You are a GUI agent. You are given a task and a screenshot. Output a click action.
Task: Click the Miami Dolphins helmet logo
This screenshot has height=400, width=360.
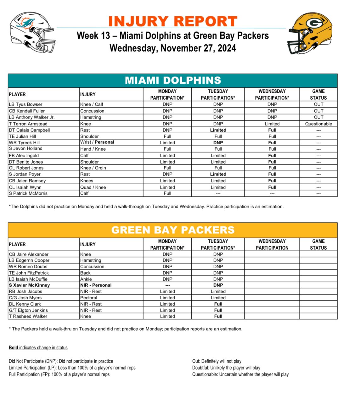[32, 32]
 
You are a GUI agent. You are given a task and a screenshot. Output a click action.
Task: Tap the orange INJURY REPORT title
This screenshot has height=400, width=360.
[173, 21]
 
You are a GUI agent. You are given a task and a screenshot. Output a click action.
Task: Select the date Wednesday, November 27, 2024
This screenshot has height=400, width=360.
[173, 48]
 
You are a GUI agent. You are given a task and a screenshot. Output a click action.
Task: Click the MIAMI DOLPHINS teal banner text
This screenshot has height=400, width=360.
[173, 81]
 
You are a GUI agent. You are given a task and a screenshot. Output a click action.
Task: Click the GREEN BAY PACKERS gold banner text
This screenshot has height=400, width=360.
[173, 230]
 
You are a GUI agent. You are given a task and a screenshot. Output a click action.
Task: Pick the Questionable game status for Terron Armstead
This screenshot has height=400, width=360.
[318, 124]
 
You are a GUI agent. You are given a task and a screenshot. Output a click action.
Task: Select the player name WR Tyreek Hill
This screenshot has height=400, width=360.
[24, 143]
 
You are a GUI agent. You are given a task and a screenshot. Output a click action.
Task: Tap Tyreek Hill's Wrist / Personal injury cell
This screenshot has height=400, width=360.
[97, 142]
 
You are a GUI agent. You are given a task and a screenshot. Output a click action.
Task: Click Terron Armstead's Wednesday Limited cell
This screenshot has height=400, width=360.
[272, 124]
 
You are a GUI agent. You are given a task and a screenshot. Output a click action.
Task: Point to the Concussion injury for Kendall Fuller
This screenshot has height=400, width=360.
[92, 111]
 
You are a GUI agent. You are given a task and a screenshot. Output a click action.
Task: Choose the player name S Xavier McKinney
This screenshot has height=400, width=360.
[29, 285]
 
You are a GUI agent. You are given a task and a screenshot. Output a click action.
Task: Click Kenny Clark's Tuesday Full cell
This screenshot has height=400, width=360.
[218, 304]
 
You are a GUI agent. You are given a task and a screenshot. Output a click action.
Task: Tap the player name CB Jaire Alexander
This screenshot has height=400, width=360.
[29, 254]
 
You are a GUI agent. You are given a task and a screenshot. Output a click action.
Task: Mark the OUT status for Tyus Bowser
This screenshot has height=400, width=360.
[318, 104]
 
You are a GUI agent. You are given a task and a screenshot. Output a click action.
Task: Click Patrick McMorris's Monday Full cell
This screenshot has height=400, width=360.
[167, 193]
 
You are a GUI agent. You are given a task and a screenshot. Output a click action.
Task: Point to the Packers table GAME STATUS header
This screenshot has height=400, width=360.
[318, 245]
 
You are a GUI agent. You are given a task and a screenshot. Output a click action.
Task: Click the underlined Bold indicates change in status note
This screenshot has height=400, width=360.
[38, 348]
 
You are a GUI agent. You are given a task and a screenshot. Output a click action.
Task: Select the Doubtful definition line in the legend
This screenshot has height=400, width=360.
[226, 368]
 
